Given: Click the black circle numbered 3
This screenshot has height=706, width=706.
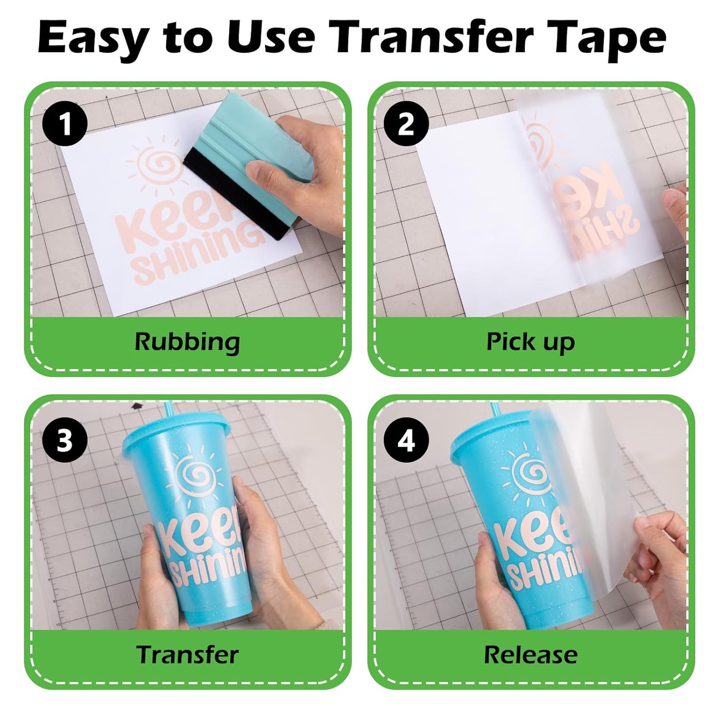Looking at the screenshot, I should pos(64,440).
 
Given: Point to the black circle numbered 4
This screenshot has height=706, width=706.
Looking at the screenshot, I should pos(406,440).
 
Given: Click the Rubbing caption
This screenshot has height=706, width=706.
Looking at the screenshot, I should pos(187,342).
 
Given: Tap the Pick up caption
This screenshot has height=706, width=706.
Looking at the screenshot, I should pos(531,342).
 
